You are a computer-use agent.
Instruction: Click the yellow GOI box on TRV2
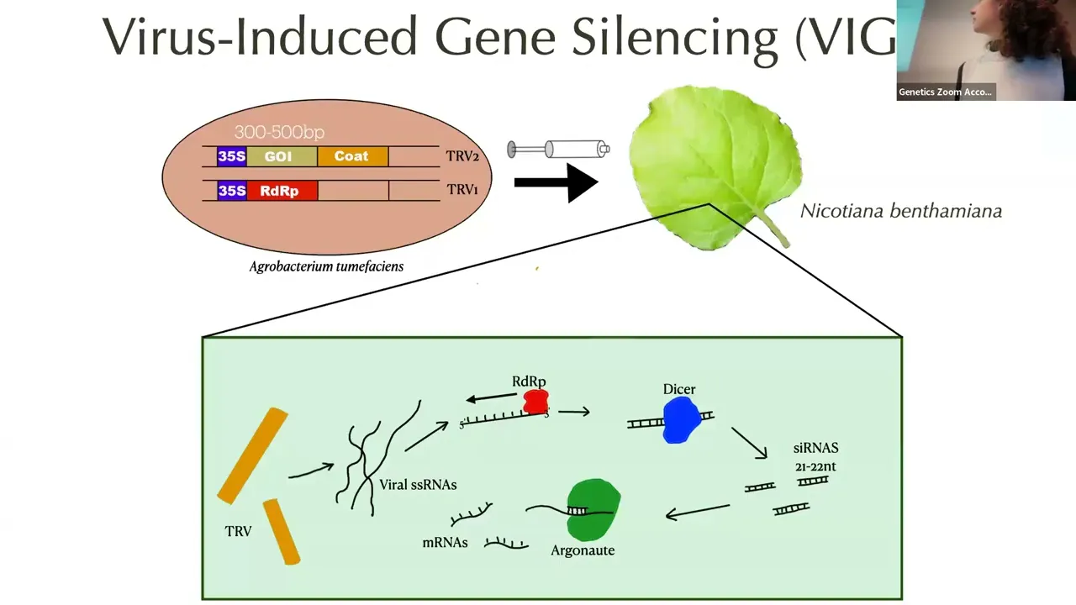point(282,156)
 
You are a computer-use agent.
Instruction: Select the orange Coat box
point(351,156)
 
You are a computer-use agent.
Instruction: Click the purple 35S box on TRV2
point(231,156)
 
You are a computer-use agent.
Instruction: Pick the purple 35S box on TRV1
point(231,191)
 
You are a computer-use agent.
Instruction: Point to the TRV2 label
point(462,156)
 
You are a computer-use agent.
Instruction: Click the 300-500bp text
point(278,132)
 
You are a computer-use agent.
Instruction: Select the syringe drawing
point(558,150)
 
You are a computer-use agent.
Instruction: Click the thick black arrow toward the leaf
point(555,182)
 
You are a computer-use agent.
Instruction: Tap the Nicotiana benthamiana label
point(900,211)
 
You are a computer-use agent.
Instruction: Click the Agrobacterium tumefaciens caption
point(326,266)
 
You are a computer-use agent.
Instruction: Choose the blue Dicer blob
point(680,420)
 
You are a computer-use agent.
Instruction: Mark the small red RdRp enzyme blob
point(535,402)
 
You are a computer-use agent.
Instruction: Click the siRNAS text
point(815,448)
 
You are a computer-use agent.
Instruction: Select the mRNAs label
point(445,543)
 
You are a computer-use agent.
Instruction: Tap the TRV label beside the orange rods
point(238,531)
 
